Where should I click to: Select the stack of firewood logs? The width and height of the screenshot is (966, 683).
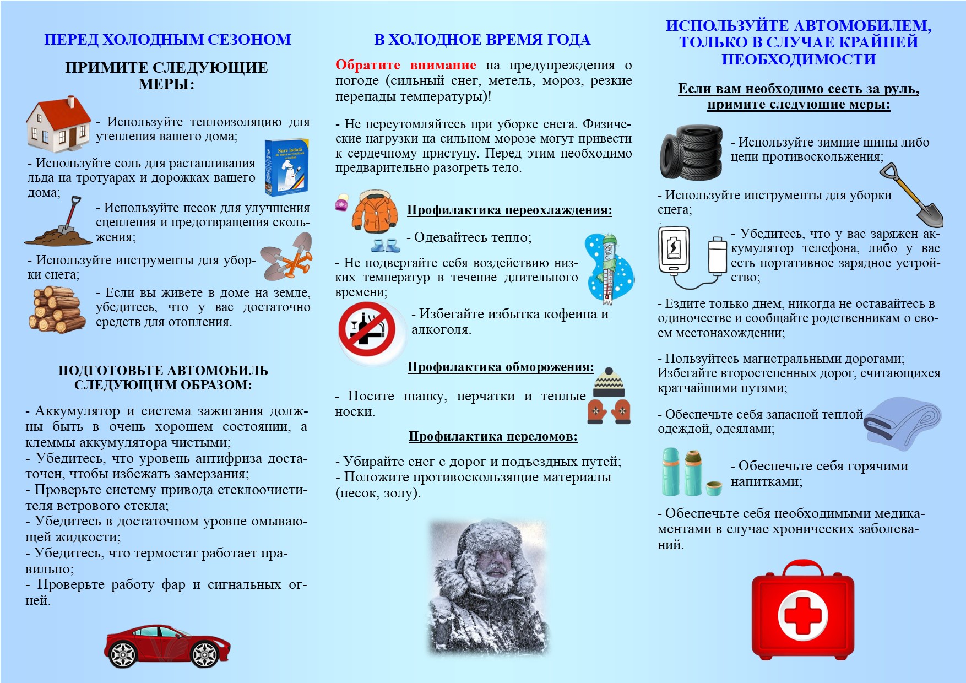coord(56,310)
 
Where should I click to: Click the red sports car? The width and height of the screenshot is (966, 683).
coord(167,645)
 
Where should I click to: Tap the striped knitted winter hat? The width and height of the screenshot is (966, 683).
coord(609,382)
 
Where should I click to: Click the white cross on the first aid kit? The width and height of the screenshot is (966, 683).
coord(802,615)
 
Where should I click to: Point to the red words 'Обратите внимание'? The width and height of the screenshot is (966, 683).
coord(405,65)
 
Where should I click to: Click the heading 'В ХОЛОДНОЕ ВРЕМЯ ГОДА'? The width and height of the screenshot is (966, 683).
coord(482,40)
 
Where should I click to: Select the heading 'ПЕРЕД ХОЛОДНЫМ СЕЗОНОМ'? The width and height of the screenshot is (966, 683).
coord(167,40)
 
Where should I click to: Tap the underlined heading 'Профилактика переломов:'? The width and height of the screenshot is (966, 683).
coord(492,437)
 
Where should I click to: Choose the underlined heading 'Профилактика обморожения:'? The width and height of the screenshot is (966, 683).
coord(500,367)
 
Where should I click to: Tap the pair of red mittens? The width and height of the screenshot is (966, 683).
coord(609,411)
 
